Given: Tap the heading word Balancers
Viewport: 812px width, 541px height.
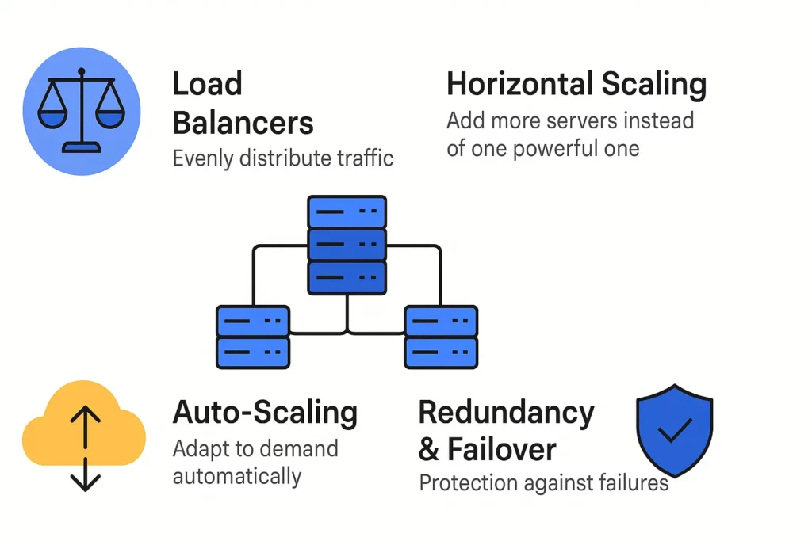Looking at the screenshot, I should [x=243, y=123].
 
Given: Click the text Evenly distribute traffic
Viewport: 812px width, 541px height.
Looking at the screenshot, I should [x=283, y=158].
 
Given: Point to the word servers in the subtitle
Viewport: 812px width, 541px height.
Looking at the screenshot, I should [x=585, y=121].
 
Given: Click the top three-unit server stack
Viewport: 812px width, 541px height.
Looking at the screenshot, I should [x=347, y=245].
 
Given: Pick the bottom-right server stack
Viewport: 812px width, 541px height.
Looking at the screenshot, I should [x=441, y=337].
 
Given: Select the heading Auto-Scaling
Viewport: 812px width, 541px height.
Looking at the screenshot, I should [x=265, y=413].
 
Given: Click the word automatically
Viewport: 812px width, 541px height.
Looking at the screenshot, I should [x=236, y=475].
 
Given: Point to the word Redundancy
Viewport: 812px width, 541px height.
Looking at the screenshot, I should [x=506, y=412].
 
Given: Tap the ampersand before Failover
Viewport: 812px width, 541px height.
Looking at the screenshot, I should [x=428, y=449].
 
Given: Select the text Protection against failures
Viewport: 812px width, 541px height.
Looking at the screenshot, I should [x=543, y=482].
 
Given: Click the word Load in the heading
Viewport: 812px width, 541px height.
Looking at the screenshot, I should [x=207, y=84].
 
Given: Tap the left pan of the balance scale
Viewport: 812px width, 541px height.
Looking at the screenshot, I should [x=53, y=116].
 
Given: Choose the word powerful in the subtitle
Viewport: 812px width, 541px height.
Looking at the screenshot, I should [x=565, y=148].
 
